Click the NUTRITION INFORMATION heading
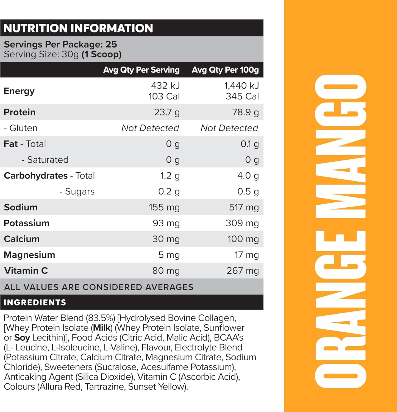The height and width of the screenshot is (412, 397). point(78,28)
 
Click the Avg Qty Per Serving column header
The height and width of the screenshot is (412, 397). point(141,70)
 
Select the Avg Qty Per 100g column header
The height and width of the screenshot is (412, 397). point(225,70)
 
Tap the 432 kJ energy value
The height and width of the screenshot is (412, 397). point(165,86)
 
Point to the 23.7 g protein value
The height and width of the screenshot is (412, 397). point(166,112)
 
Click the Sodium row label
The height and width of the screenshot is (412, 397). point(21,207)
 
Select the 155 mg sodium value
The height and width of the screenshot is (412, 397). point(164,207)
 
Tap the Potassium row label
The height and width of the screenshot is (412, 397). point(26,223)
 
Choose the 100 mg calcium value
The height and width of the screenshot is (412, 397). point(243,239)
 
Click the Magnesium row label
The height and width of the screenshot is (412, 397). point(29,255)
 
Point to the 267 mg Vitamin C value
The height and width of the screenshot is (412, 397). point(242,271)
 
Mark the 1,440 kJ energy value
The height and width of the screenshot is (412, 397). point(241,86)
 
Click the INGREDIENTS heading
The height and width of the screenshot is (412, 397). point(35,302)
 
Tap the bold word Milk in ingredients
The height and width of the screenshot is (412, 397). point(102,328)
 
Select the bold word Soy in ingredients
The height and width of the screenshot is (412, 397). point(22,338)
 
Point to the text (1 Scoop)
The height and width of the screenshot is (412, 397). point(101,54)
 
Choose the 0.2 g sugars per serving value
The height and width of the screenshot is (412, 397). point(169,191)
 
